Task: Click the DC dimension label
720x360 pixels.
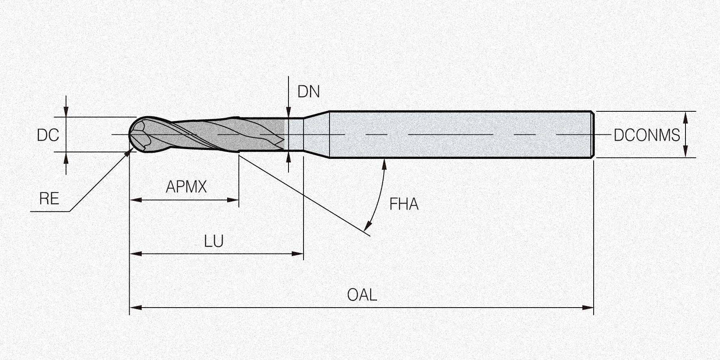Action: [x=48, y=135]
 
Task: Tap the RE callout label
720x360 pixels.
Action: [x=49, y=199]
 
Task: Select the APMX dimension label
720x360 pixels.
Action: [x=187, y=187]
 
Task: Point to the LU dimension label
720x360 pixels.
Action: [x=214, y=241]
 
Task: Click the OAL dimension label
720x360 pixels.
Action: [x=362, y=295]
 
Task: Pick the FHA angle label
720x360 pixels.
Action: [x=404, y=204]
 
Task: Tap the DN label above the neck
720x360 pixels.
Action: [x=309, y=92]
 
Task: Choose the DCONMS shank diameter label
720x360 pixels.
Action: [x=647, y=135]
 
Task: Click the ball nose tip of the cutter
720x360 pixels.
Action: [x=130, y=134]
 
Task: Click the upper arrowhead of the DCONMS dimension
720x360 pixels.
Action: [x=685, y=117]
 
